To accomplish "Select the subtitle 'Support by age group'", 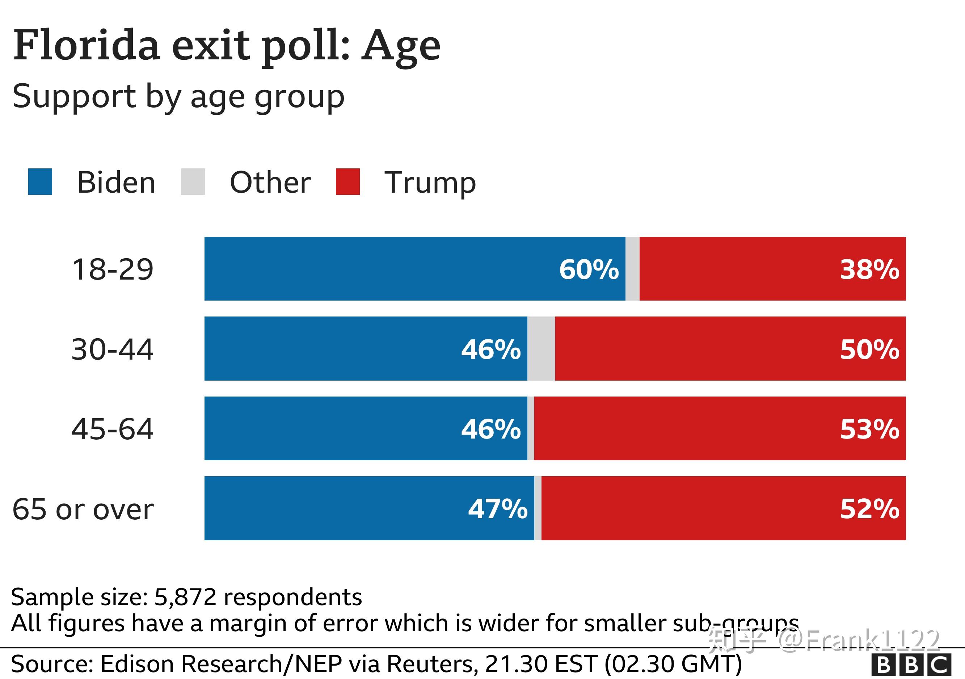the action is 178,97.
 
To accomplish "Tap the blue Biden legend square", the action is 40,182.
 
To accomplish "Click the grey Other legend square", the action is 193,182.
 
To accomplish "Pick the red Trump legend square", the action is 348,182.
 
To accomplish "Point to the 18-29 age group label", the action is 113,269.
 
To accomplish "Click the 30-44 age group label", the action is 113,349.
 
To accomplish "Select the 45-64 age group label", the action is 113,429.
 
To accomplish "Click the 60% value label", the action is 589,269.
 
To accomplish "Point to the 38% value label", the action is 869,269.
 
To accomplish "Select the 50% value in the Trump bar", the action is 869,349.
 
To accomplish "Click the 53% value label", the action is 869,429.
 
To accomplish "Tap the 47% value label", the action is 498,509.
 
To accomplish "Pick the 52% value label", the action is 869,509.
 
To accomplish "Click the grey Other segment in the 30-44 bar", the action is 542,348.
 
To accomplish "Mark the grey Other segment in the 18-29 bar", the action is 633,269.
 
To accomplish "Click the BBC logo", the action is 911,665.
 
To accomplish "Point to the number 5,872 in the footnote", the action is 185,597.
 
